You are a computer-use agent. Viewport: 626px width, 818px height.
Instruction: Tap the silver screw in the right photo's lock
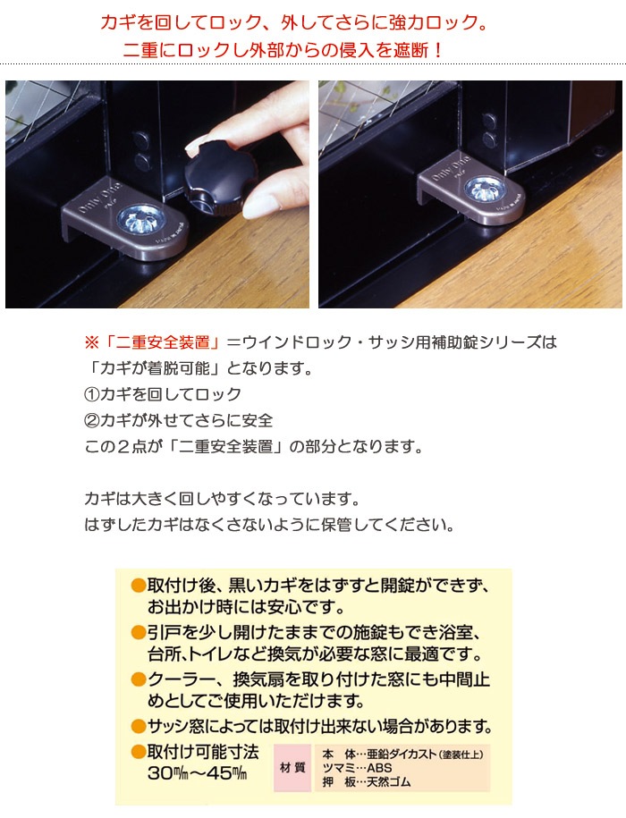pos(485,190)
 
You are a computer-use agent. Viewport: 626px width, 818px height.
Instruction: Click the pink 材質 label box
pos(292,768)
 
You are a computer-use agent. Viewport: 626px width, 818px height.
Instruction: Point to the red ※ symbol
pos(91,342)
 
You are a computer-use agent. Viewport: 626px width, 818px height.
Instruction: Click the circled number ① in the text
pos(91,394)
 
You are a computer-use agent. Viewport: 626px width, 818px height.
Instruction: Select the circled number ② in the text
pos(91,420)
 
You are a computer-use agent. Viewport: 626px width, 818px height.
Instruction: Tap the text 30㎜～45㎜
pos(197,773)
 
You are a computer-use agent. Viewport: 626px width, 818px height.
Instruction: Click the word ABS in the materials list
pos(379,768)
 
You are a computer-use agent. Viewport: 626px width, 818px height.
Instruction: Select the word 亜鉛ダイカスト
pos(402,755)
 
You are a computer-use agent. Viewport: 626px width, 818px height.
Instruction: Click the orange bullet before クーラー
pos(139,679)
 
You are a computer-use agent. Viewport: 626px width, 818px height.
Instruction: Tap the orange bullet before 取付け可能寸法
pos(139,752)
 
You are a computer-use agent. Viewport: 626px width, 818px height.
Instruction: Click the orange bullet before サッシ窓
pos(139,726)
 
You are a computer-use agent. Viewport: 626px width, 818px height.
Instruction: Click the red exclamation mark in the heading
pos(437,50)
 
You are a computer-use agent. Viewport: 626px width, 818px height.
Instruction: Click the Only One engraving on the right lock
pos(451,168)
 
